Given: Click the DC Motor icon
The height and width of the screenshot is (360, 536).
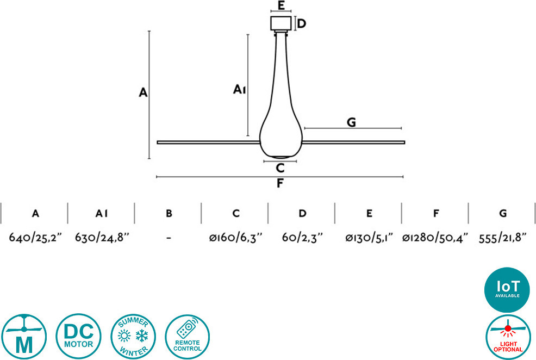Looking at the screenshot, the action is point(79,336).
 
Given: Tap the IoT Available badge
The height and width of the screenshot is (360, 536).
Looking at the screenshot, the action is point(507,289).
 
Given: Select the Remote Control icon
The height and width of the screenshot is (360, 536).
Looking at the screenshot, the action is point(188,337).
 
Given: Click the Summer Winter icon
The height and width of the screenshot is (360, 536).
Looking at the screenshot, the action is point(133,337).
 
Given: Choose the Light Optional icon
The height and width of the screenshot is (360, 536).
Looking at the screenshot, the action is point(508,337).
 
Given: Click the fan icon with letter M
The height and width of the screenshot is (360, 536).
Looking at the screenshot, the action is point(24,337).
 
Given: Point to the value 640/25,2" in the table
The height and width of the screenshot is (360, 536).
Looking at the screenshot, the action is point(35,237).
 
